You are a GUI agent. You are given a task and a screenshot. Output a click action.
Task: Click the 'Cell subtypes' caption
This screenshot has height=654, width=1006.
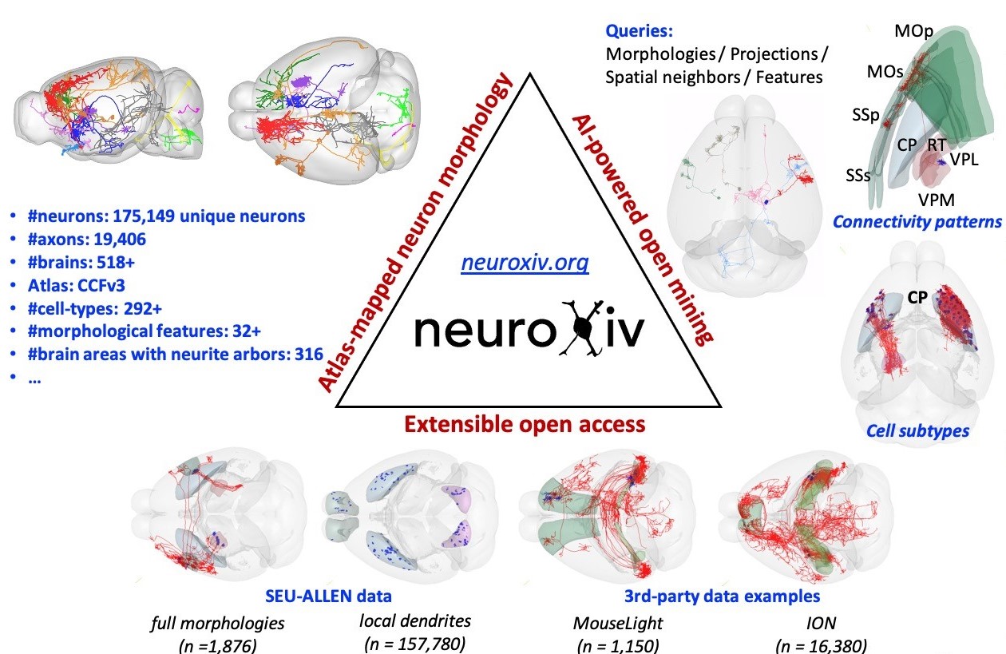point(917,431)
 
